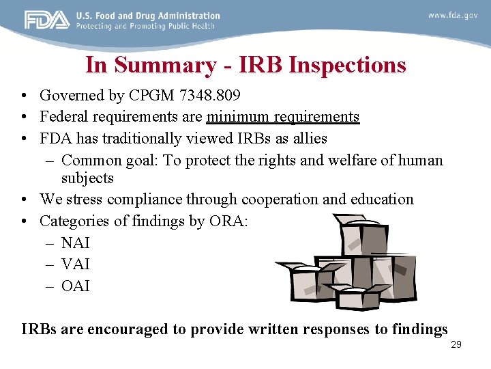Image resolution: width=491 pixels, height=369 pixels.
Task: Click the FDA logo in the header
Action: pyautogui.click(x=47, y=20)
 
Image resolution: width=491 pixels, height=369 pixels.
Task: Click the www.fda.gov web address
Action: pyautogui.click(x=453, y=15)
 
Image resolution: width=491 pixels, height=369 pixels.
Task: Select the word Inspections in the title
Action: pyautogui.click(x=347, y=65)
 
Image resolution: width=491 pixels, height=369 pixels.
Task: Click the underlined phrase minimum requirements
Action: pyautogui.click(x=282, y=117)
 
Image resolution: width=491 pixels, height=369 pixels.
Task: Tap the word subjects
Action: pyautogui.click(x=87, y=178)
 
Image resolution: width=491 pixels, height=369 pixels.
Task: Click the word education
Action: pyautogui.click(x=382, y=200)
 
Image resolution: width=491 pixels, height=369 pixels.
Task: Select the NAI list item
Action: pyautogui.click(x=75, y=243)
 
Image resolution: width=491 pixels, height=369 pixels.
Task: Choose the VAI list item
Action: pyautogui.click(x=75, y=264)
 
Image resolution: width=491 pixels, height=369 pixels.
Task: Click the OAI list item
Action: pyautogui.click(x=75, y=286)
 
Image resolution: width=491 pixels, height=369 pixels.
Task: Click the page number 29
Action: pyautogui.click(x=456, y=344)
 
